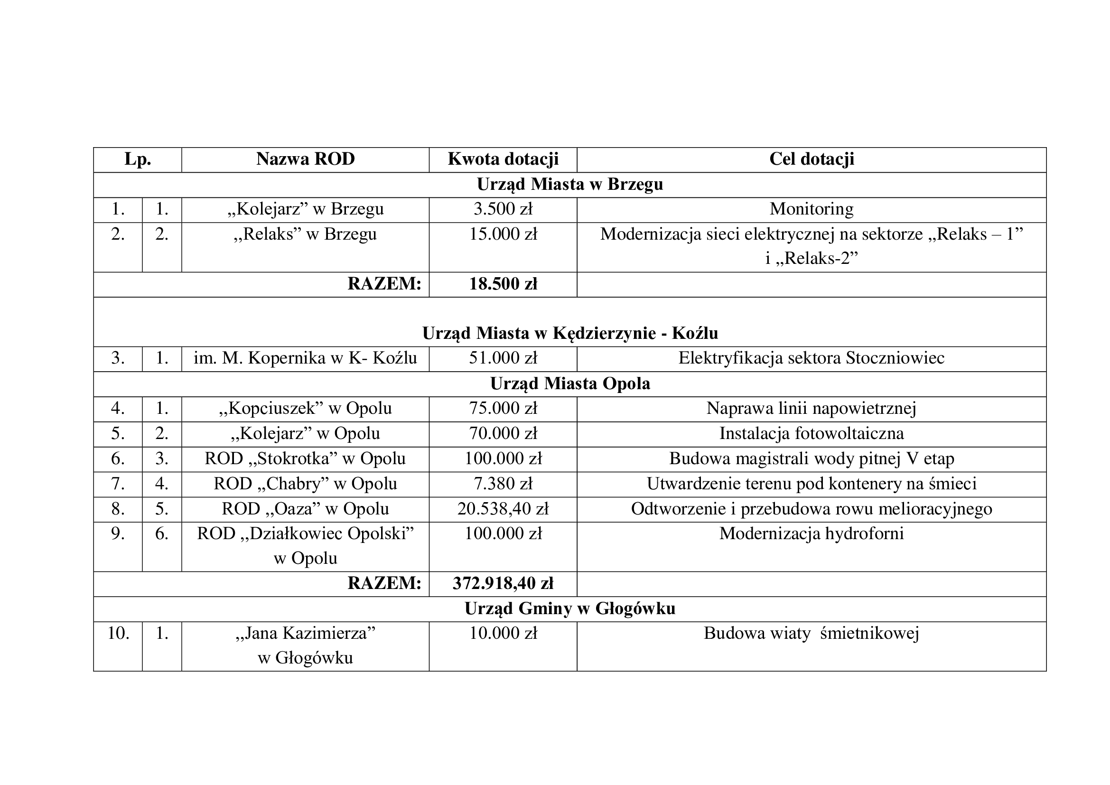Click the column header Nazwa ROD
tap(305, 159)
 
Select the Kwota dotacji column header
tap(503, 159)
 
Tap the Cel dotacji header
tap(811, 159)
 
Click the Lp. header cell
tap(137, 159)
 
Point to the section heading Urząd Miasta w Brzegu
tap(569, 184)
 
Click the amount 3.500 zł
tap(503, 209)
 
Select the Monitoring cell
tap(811, 209)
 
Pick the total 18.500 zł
tap(503, 284)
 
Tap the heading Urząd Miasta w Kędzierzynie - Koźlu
tap(569, 333)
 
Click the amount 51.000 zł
tap(503, 358)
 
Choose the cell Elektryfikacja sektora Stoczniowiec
tap(811, 358)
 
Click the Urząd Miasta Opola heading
tap(569, 383)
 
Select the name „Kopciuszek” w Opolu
tap(305, 409)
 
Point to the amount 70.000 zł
tap(503, 434)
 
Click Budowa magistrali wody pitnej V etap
tap(811, 459)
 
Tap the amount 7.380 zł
tap(503, 484)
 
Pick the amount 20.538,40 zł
tap(503, 509)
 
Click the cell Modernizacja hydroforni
tap(811, 533)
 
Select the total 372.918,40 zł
tap(503, 583)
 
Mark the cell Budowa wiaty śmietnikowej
tap(811, 633)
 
